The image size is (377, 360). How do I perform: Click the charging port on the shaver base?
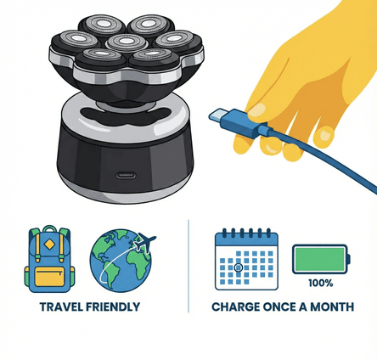(126, 176)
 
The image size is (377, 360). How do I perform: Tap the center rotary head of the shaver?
(127, 42)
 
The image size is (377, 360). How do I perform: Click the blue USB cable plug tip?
(217, 115)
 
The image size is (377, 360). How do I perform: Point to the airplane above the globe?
(145, 241)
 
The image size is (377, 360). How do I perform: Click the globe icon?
(121, 261)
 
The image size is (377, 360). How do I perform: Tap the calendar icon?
(246, 259)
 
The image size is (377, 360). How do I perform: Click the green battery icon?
(321, 259)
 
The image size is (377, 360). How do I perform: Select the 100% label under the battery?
(321, 283)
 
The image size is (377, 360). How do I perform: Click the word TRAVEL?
(61, 307)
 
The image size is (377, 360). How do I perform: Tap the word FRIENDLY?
(113, 307)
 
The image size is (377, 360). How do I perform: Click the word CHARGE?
(236, 307)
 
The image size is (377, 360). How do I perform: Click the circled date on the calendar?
(239, 267)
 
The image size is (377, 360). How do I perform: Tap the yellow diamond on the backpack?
(49, 245)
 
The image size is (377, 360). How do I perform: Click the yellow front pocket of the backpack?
(49, 276)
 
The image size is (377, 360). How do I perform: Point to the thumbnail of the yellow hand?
(257, 111)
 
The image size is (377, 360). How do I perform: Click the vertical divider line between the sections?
(188, 266)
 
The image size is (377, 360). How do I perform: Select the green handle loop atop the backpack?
(50, 228)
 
